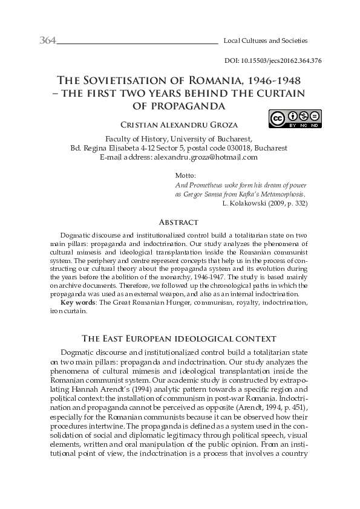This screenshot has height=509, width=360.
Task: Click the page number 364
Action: pos(47,41)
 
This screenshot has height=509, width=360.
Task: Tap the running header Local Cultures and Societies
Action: pos(266,41)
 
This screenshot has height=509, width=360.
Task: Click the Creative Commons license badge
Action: pos(295,118)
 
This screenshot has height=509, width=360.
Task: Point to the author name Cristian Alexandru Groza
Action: pos(179,125)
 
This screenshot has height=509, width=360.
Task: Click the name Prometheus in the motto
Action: pos(204,185)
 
